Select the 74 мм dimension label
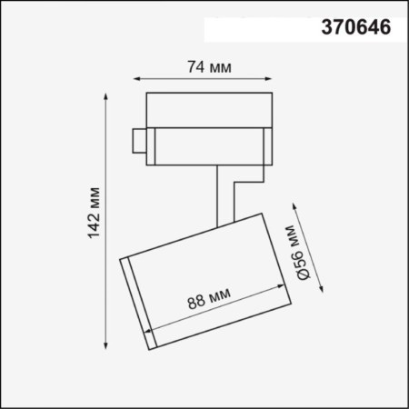(x=207, y=67)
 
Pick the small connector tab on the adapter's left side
(x=137, y=141)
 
